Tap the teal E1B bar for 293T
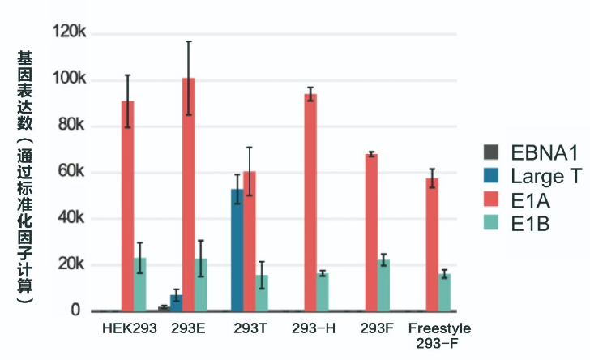(261, 293)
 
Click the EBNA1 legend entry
(531, 152)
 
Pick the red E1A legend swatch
(490, 199)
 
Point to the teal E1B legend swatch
(490, 223)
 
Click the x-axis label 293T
(249, 329)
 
